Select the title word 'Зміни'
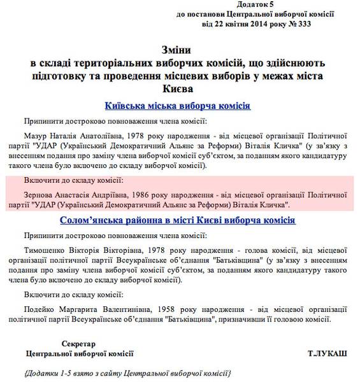[x=180, y=50]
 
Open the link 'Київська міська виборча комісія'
[x=180, y=106]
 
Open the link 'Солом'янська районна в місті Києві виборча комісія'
[x=180, y=221]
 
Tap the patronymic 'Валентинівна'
[x=117, y=309]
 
